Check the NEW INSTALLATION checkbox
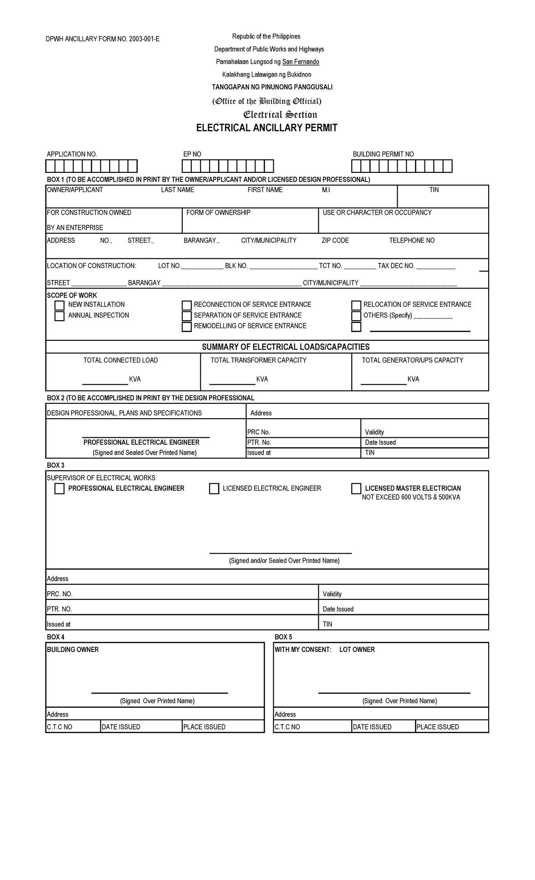click(x=59, y=306)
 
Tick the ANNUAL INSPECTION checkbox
click(x=59, y=316)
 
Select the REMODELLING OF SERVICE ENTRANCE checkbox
click(x=186, y=327)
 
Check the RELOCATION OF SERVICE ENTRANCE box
click(x=356, y=306)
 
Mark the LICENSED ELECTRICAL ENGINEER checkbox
click(x=214, y=489)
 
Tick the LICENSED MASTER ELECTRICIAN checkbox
click(x=356, y=489)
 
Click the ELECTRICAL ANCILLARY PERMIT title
click(x=267, y=128)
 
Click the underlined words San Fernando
click(x=300, y=62)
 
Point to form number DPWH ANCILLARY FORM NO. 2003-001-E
click(x=103, y=39)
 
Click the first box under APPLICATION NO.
click(x=50, y=166)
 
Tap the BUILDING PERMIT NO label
click(x=383, y=154)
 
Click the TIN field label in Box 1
click(x=434, y=190)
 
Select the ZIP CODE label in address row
click(x=335, y=240)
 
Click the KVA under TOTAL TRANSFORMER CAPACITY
click(x=262, y=379)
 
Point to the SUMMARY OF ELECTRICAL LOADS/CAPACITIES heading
click(x=285, y=347)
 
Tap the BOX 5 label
click(x=283, y=637)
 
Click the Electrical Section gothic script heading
click(x=280, y=115)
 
